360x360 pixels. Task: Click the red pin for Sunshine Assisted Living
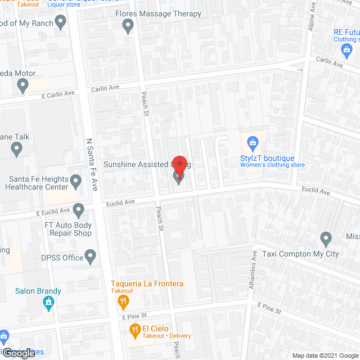click(179, 165)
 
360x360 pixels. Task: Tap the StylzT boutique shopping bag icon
click(253, 141)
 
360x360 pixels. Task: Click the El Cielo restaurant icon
click(134, 328)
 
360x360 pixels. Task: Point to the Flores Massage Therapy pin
click(128, 25)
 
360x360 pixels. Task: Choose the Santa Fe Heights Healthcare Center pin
click(75, 181)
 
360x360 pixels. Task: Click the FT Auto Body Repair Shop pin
click(78, 210)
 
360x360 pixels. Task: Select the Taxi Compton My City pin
click(326, 237)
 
